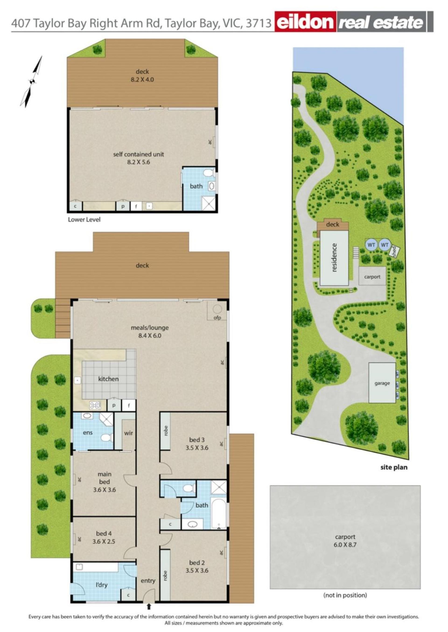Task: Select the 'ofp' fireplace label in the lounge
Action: [217, 318]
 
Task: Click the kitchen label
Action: [108, 379]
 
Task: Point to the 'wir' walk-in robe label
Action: [129, 433]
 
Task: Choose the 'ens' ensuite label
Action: [88, 433]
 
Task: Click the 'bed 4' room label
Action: [104, 533]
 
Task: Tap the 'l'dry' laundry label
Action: [101, 585]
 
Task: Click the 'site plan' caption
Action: [394, 467]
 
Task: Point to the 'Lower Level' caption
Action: [84, 220]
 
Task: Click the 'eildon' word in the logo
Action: [305, 22]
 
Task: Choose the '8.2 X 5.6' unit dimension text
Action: [138, 162]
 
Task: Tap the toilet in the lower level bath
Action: [208, 173]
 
